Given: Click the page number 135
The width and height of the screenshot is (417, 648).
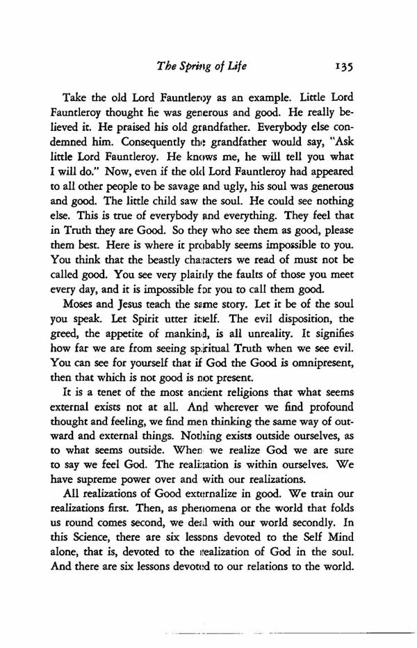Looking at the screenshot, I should pyautogui.click(x=343, y=68).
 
